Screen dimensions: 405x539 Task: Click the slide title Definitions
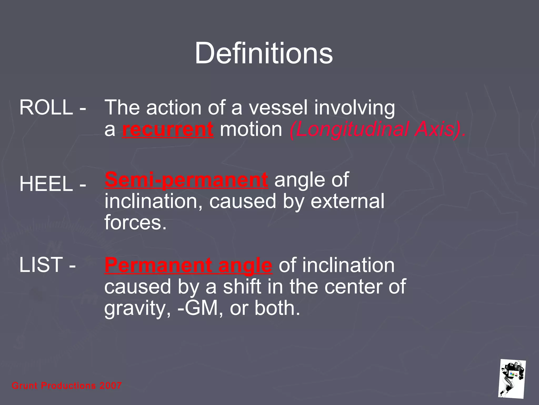point(264,54)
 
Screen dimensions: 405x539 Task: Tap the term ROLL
point(46,108)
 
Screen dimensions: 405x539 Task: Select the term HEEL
point(46,184)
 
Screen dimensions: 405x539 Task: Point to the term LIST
point(41,265)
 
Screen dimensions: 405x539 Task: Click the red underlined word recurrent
point(168,130)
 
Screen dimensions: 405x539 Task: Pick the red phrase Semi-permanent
point(186,180)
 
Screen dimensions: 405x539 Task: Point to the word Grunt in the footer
point(25,386)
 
